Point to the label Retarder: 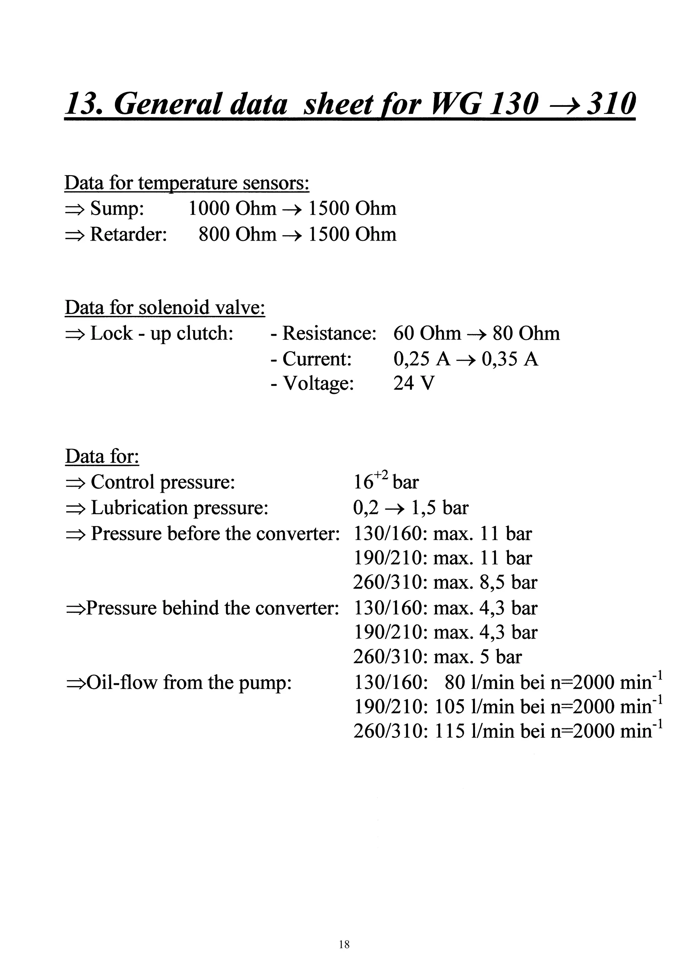coord(128,234)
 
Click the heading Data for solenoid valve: coord(165,307)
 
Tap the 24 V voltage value coord(414,383)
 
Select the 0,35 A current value coord(510,359)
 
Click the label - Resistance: coord(324,333)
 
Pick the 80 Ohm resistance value coord(526,333)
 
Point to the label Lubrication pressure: coord(180,508)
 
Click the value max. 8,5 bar coord(485,582)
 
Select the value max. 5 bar coord(478,657)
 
